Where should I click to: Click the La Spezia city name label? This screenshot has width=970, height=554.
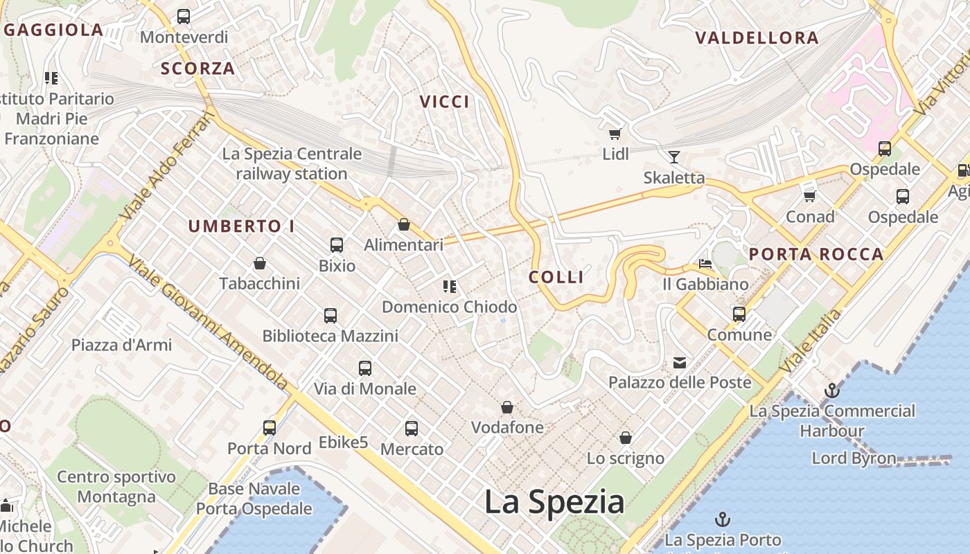tap(554, 501)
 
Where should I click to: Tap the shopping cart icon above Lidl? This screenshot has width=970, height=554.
tap(615, 134)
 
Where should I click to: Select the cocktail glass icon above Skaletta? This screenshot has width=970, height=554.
tap(673, 157)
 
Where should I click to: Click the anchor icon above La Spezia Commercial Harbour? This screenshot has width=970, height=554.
tap(831, 391)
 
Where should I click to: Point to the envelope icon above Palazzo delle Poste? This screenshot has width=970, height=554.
tap(679, 362)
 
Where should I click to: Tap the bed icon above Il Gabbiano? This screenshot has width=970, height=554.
tap(705, 264)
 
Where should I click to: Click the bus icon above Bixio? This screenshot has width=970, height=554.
tap(337, 245)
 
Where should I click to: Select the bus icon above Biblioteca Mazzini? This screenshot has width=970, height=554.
tap(330, 316)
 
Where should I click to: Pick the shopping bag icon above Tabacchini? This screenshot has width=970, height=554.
tap(260, 263)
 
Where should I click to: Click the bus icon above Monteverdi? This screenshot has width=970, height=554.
tap(184, 17)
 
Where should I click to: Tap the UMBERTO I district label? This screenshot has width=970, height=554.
tap(241, 226)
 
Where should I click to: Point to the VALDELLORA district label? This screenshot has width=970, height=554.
tap(757, 38)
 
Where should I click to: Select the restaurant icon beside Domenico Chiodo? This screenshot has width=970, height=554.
tap(449, 286)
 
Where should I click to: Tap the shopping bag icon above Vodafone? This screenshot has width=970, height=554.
tap(507, 407)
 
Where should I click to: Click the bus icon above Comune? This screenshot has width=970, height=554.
tap(739, 314)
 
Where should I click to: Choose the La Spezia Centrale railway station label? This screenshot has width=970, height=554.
tap(292, 163)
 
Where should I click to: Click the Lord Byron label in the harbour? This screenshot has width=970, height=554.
tap(854, 458)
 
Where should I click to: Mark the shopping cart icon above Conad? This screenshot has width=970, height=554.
tap(809, 197)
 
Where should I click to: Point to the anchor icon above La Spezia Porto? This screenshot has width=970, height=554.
tap(723, 519)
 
